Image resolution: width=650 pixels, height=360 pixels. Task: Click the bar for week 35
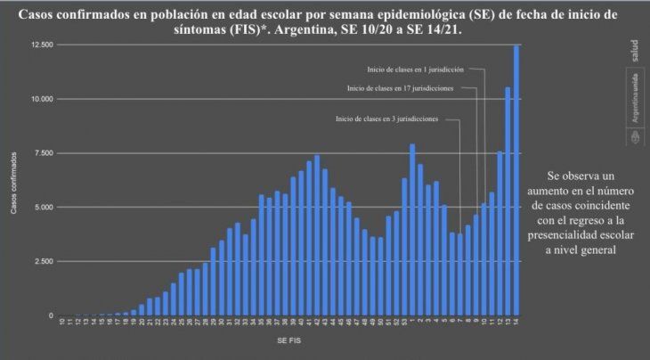(261, 266)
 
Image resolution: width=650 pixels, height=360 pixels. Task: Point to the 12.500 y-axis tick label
(40, 45)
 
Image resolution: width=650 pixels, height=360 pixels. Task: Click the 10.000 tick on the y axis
(40, 99)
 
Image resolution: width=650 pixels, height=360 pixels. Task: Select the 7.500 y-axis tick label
(43, 153)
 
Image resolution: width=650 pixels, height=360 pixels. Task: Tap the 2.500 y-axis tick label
(43, 261)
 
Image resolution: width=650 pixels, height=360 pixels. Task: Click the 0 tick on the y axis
(51, 315)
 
